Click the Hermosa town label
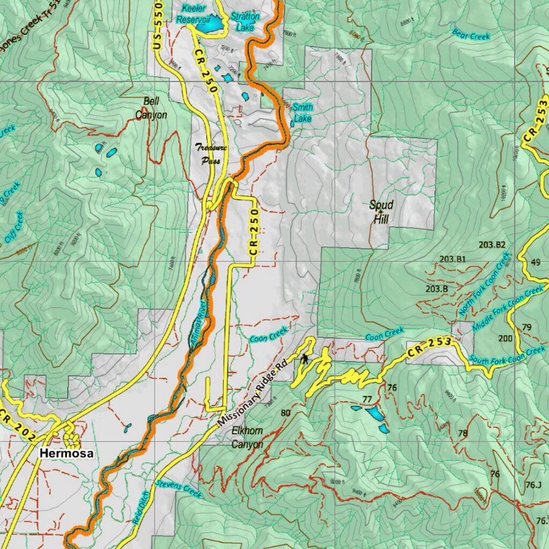click(66, 454)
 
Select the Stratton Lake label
click(245, 21)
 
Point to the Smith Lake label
click(303, 113)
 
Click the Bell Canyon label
click(151, 108)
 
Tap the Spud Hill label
click(381, 212)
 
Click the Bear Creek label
click(471, 35)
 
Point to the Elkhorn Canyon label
click(247, 437)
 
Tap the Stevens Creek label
click(179, 489)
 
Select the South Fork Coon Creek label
click(507, 355)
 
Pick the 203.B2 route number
click(492, 245)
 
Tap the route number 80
click(285, 413)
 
